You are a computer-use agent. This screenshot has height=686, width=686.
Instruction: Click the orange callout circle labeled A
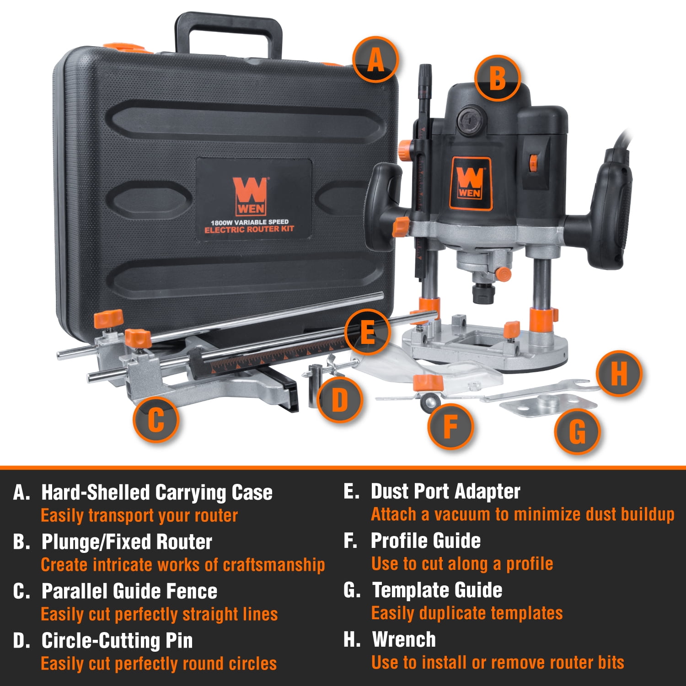375,59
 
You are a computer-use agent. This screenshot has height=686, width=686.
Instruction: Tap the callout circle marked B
498,78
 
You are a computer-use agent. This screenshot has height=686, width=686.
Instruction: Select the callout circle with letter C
156,419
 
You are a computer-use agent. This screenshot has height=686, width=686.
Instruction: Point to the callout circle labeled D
340,400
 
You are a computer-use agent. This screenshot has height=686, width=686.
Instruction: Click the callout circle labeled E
367,332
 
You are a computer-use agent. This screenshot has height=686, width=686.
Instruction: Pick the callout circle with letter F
450,426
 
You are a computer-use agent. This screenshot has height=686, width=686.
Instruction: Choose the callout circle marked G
577,431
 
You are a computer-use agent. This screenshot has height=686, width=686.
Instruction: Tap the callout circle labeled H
619,373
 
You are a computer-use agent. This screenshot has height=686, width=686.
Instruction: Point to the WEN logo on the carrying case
250,196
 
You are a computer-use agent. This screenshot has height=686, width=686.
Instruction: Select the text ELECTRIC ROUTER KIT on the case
249,229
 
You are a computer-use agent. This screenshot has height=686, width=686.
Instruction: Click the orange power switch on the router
533,163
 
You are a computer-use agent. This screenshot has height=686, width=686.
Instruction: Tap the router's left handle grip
383,206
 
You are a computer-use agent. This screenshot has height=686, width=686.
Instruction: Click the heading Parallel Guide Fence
129,591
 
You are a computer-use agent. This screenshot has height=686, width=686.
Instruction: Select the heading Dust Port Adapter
445,492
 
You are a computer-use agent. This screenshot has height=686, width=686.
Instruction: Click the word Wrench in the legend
404,639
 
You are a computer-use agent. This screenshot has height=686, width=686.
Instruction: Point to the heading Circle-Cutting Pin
117,640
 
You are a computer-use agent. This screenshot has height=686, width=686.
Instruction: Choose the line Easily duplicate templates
467,613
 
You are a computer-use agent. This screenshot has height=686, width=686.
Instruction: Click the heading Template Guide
437,590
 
